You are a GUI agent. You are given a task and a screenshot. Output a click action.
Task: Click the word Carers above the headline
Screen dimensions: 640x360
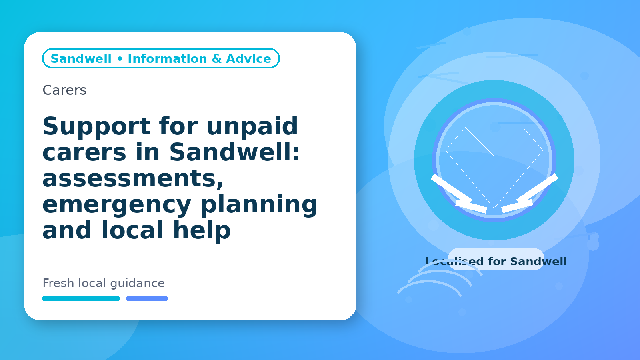[64, 90]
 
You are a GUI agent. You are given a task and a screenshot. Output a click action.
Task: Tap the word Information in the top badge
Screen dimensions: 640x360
[168, 58]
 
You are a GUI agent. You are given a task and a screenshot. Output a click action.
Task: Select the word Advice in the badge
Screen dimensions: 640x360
[248, 58]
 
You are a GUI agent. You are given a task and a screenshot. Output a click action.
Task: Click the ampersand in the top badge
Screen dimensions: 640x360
[216, 58]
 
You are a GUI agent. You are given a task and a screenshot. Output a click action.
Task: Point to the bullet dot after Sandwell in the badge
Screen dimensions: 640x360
[120, 59]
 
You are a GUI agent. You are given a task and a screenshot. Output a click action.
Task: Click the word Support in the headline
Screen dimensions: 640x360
[96, 126]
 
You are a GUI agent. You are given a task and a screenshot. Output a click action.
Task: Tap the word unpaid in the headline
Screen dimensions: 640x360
[252, 126]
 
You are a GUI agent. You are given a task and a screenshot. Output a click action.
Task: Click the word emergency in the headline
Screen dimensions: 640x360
[117, 204]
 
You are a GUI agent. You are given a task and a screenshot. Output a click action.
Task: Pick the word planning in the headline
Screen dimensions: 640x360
[259, 204]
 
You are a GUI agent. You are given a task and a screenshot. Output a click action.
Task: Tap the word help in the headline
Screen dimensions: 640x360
[202, 230]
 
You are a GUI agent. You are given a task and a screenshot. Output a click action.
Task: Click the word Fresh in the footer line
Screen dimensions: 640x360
[58, 283]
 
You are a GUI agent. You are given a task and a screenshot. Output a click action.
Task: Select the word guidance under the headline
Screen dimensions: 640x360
[138, 284]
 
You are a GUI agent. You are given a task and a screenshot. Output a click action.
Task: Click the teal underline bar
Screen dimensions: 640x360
[81, 298]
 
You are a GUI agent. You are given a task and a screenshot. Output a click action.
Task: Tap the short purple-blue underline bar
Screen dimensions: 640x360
[147, 298]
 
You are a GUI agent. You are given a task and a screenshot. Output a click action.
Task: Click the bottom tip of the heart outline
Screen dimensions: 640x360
[494, 208]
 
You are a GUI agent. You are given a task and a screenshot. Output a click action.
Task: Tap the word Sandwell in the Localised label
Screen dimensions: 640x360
[538, 262]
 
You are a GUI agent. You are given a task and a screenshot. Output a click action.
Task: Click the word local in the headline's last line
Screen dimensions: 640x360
[132, 230]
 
